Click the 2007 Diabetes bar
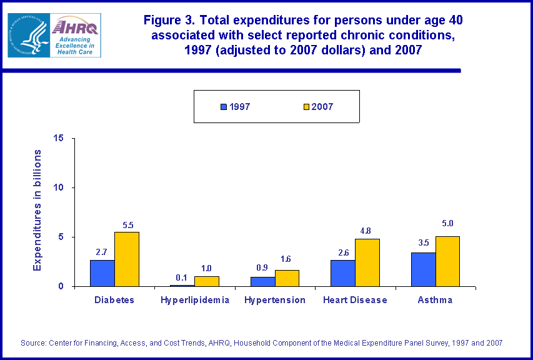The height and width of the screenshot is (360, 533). [x=127, y=259]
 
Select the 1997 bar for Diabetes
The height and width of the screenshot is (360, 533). [x=102, y=273]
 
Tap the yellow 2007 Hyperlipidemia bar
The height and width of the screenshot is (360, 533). [x=207, y=281]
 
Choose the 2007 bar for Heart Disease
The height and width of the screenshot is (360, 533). [x=367, y=262]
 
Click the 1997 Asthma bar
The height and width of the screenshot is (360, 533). [x=423, y=269]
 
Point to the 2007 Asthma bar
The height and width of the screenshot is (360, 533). [x=447, y=261]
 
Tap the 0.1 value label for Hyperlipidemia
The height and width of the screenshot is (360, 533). [x=182, y=277]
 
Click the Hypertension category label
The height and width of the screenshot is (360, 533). [x=275, y=300]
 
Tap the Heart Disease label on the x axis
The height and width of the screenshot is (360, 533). [x=355, y=300]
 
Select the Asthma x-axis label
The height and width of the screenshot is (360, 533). [x=435, y=300]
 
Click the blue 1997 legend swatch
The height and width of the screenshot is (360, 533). [x=223, y=107]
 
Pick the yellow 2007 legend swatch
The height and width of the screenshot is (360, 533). [x=307, y=107]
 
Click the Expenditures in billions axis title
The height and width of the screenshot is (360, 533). [x=37, y=210]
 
